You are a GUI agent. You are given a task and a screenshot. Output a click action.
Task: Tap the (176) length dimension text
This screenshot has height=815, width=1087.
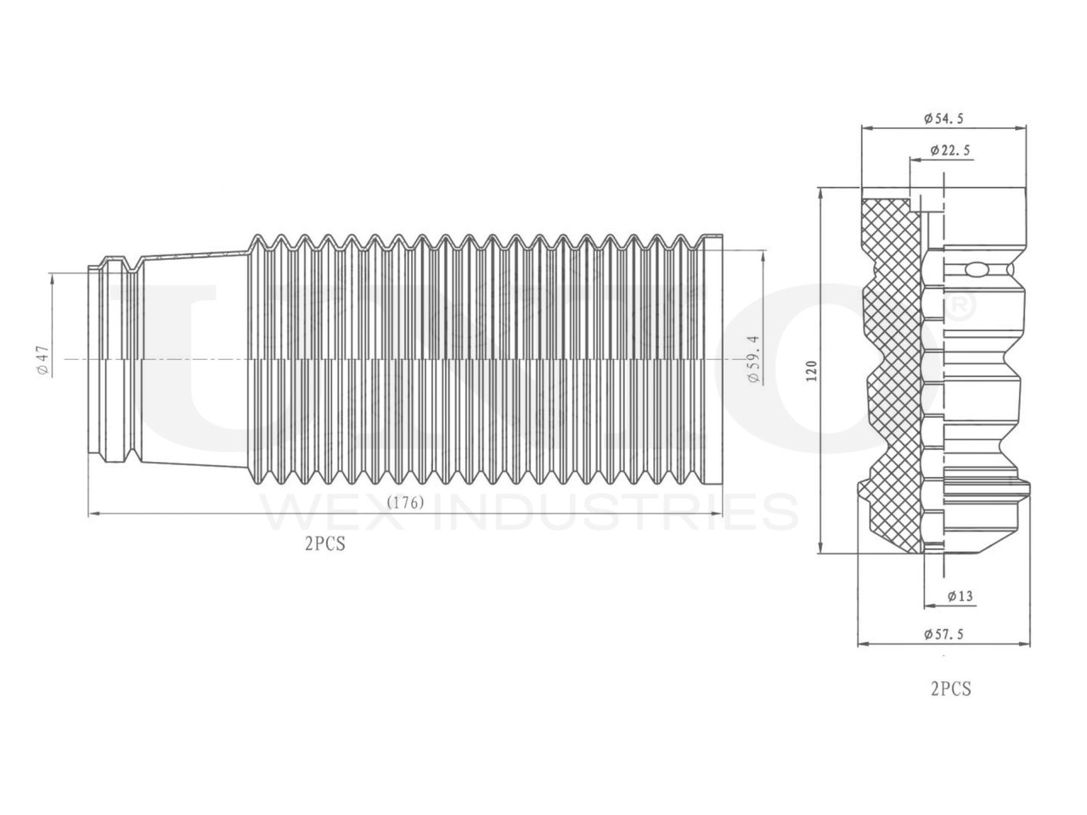tap(405, 503)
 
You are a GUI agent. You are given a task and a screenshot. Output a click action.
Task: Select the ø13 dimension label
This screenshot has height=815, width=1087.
tap(960, 596)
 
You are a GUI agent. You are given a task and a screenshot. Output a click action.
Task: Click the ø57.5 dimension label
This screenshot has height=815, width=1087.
tap(943, 633)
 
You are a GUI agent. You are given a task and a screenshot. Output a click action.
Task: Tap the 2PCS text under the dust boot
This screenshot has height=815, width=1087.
tap(324, 545)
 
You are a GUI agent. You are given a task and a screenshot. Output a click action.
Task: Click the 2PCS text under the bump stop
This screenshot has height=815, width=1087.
tap(950, 689)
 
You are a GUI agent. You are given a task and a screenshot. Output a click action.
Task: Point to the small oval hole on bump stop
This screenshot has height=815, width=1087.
tap(976, 270)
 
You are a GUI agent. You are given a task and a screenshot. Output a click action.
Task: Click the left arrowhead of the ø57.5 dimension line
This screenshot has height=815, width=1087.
tap(864, 644)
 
